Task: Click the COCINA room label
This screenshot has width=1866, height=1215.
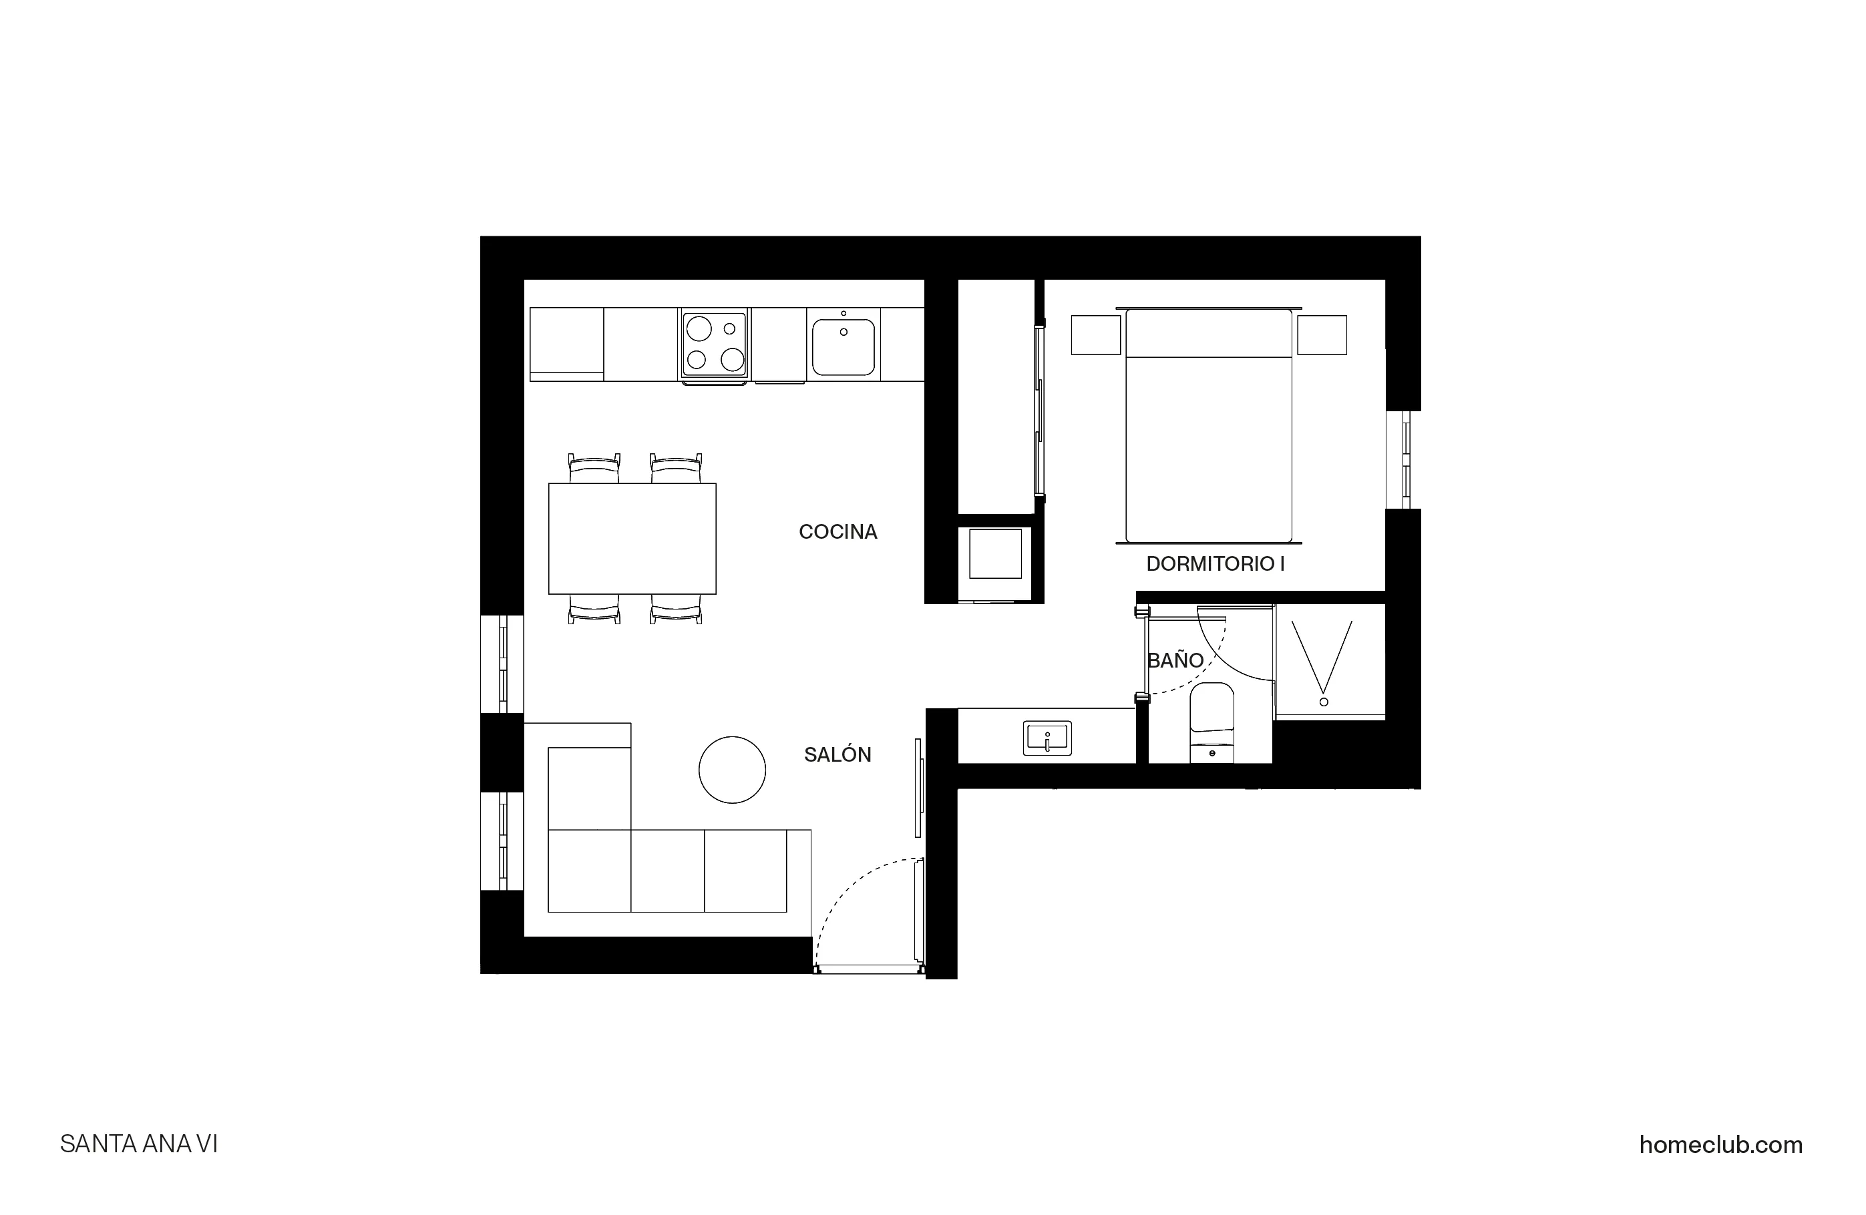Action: coord(837,532)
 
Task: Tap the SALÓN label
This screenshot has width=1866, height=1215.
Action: coord(837,755)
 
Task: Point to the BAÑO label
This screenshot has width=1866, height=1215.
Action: coord(1175,661)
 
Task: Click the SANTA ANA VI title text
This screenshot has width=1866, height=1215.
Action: coord(139,1145)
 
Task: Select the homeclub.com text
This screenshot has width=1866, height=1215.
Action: coord(1720,1145)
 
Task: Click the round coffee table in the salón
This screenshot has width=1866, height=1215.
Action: coord(731,770)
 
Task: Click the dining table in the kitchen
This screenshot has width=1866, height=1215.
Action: coord(632,539)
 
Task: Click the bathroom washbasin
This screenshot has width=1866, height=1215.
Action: coord(1047,738)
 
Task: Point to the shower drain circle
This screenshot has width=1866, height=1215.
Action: coord(1324,702)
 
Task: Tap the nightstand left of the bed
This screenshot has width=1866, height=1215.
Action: coord(1095,334)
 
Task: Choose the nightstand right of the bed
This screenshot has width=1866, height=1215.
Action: coord(1321,334)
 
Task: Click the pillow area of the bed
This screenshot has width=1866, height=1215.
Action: coord(1208,334)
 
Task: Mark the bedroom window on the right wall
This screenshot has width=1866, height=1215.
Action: coord(1403,460)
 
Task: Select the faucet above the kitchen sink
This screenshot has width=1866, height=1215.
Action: coord(844,314)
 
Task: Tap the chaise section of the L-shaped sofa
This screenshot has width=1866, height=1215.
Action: coord(589,788)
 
